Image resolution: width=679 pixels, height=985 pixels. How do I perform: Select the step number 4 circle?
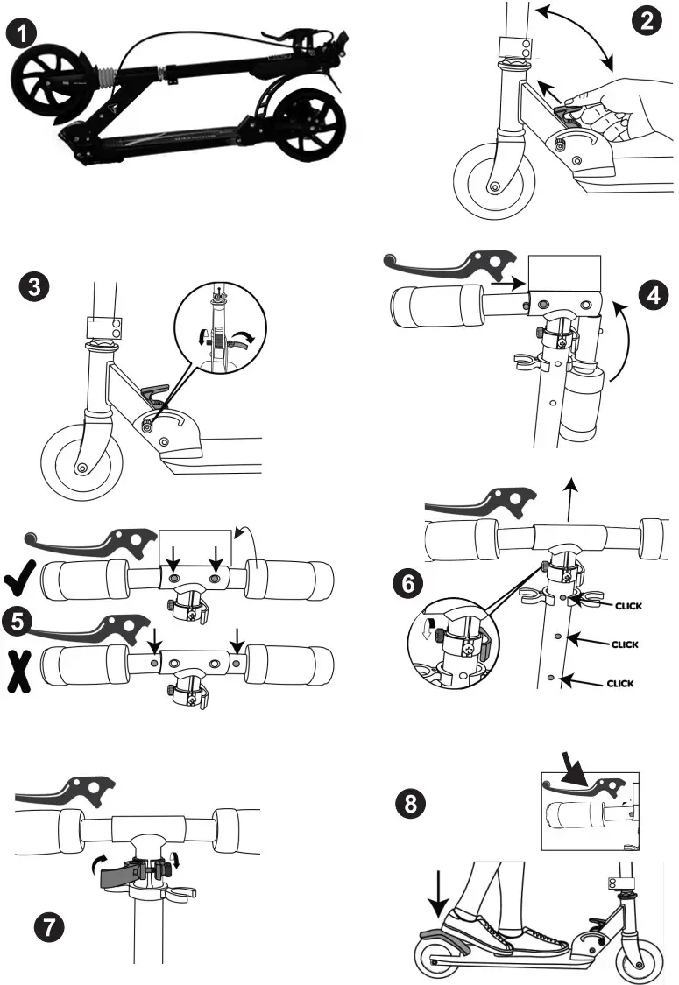click(648, 295)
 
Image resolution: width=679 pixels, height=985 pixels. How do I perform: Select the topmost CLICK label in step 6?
click(634, 603)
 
